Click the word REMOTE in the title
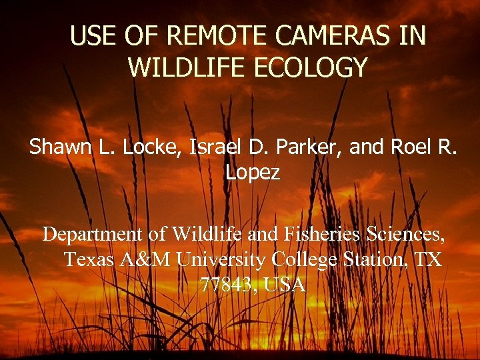(x=205, y=36)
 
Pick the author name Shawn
(x=63, y=147)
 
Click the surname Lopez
(x=252, y=173)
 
